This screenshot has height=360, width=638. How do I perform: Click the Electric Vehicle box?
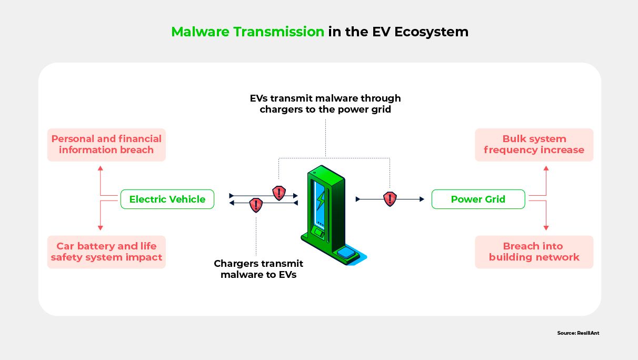point(167,199)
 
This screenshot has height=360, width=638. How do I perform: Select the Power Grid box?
point(478,199)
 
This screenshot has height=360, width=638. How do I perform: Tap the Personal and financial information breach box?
point(106,145)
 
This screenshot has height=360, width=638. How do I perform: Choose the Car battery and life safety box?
point(106,252)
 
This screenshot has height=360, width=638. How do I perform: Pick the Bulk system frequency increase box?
point(534,145)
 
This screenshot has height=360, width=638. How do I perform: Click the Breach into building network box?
point(534,252)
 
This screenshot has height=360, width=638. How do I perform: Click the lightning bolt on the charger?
point(320,200)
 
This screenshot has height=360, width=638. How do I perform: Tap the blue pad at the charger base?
point(347,253)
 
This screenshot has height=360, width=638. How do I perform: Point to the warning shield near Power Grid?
point(390,199)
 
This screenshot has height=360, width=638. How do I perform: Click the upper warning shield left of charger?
point(278,193)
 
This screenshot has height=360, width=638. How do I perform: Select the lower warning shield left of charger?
point(256,205)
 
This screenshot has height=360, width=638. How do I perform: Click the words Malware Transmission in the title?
point(248,32)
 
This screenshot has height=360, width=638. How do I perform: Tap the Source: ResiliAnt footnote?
point(578,333)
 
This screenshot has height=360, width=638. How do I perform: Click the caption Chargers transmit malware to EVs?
point(258,269)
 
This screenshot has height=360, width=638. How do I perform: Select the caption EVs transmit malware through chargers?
point(325,104)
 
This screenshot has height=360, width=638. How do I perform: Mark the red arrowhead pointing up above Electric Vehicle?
point(101,168)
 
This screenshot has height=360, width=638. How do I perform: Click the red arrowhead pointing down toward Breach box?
point(546,227)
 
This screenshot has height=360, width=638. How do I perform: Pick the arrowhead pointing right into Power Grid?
point(421,199)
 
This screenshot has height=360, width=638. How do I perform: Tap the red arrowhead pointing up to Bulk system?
point(546,168)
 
